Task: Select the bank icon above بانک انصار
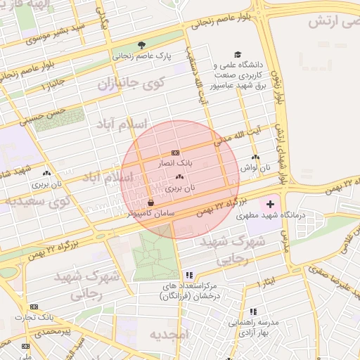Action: click(175, 153)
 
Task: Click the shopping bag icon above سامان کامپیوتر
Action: click(152, 202)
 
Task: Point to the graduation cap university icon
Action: click(238, 54)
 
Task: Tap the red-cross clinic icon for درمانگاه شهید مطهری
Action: click(270, 204)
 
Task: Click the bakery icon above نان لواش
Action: click(255, 157)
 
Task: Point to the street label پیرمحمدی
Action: click(57, 330)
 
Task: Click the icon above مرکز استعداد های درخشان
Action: click(188, 276)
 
